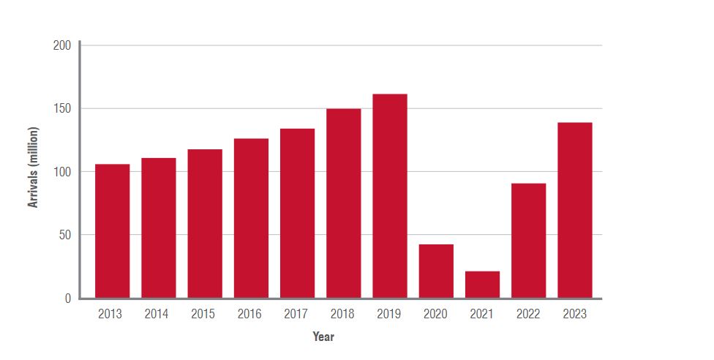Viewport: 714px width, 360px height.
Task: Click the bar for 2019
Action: pos(389,196)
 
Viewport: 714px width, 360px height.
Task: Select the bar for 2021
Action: pos(482,285)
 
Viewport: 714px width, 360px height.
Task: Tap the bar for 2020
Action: pos(436,271)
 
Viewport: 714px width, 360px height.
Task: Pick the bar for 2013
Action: pos(112,230)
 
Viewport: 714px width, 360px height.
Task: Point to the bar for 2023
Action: pos(574,210)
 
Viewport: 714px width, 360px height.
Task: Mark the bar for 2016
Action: pos(251,218)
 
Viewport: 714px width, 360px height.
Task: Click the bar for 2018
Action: pos(343,203)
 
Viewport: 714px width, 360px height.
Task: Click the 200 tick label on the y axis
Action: pos(62,45)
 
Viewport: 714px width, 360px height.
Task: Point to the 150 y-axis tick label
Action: pos(62,109)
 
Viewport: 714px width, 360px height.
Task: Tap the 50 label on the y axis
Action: pos(65,235)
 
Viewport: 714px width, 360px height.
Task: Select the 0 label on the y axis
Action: pos(67,298)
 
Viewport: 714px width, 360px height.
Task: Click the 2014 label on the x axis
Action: pos(157,315)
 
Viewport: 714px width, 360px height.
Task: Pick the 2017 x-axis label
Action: pos(296,315)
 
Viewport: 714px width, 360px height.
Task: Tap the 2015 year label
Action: pos(203,315)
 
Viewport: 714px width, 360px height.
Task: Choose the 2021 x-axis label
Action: pos(482,315)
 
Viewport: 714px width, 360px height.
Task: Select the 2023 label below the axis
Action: pos(574,315)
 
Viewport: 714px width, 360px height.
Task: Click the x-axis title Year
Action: pos(323,337)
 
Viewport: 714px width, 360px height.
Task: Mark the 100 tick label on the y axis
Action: pos(62,172)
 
